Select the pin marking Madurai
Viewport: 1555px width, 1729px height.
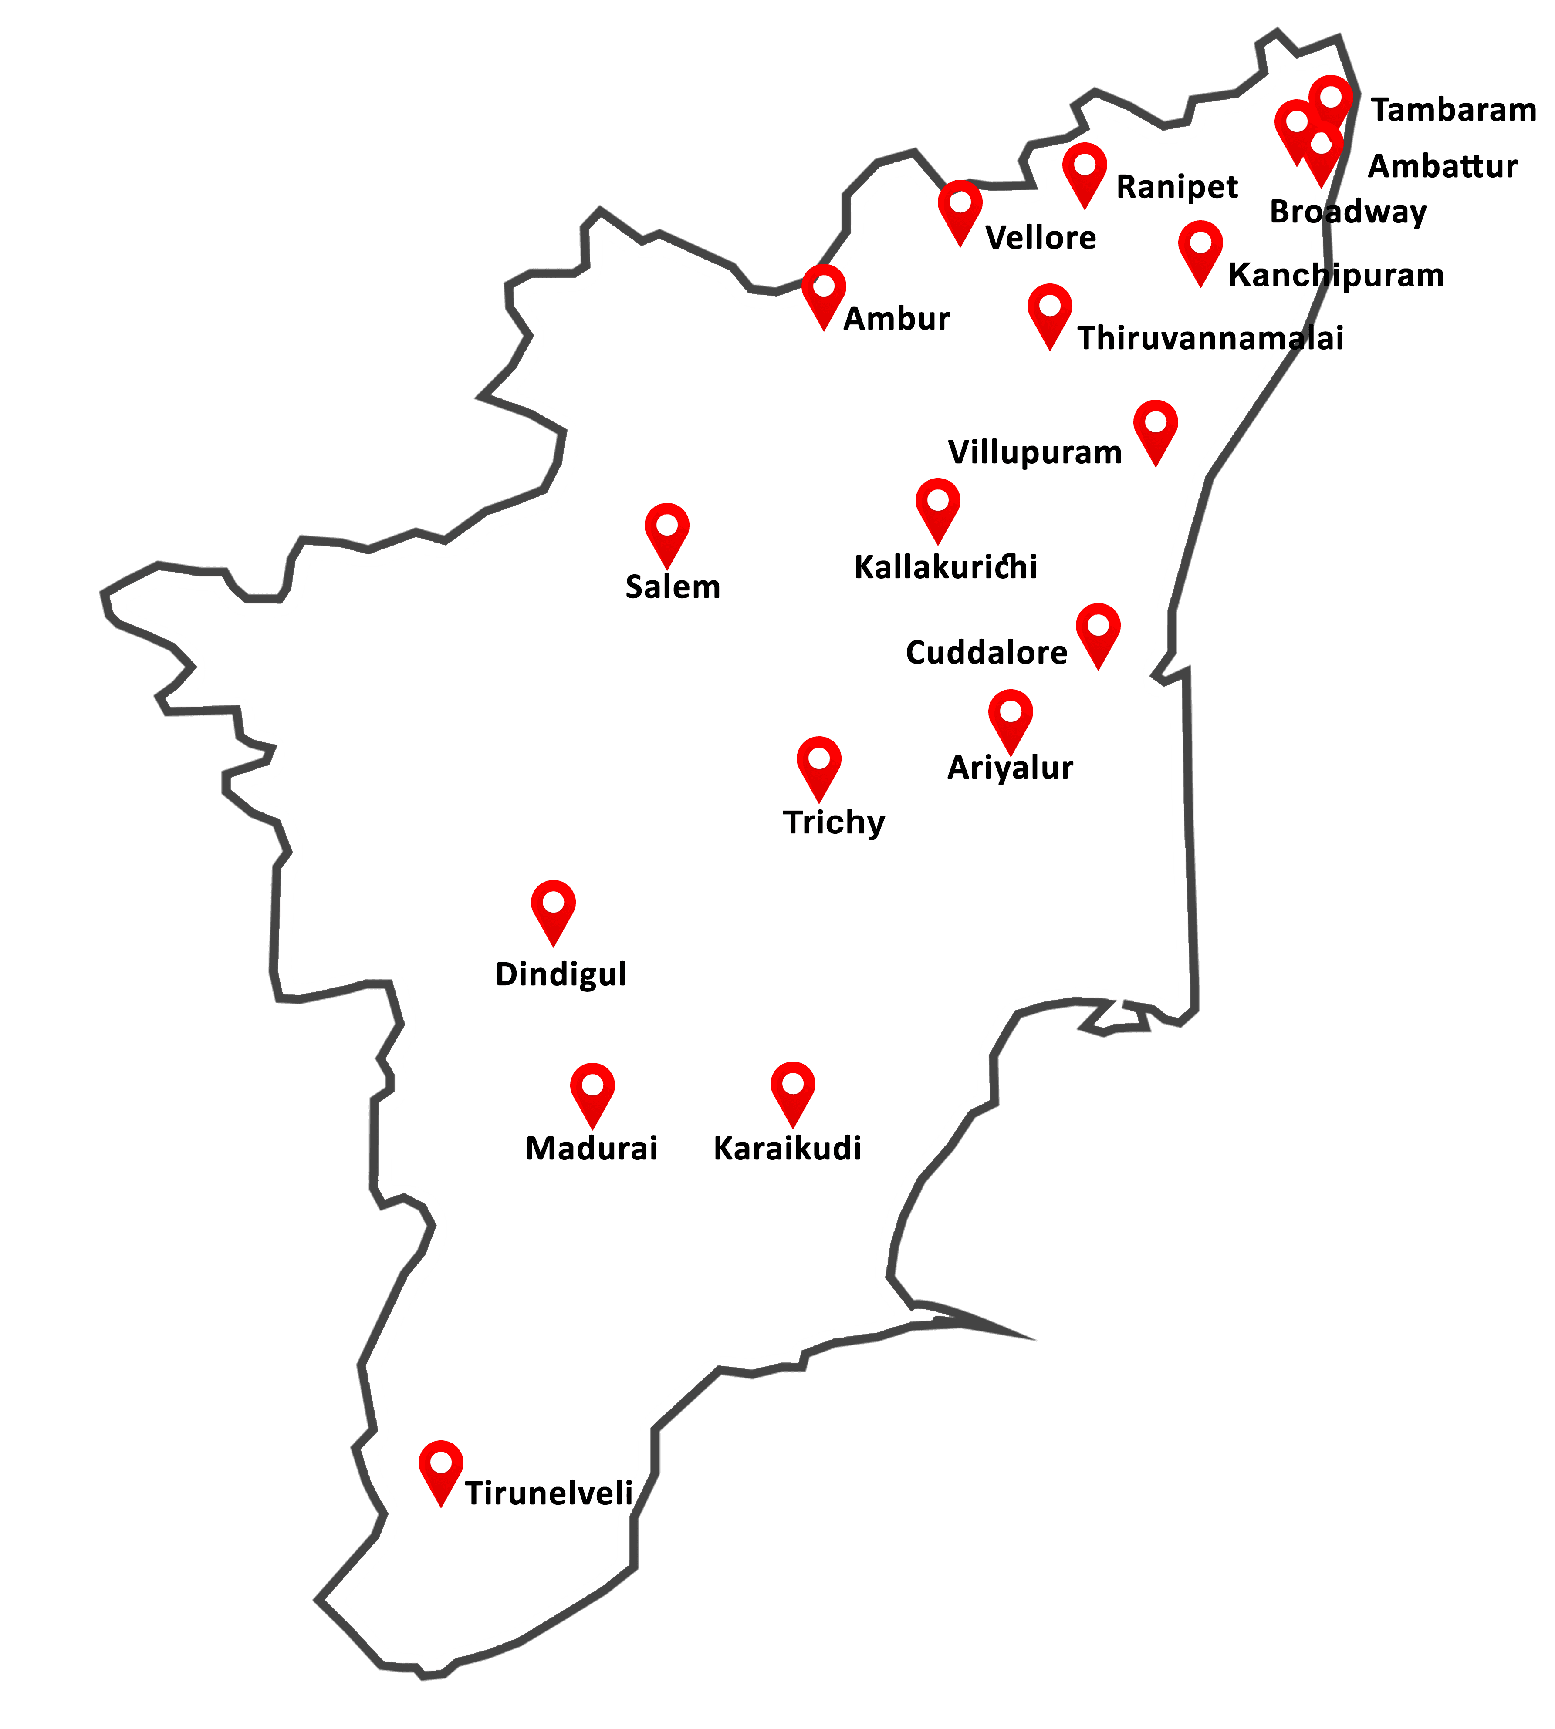(592, 1089)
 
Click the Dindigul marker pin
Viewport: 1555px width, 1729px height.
(553, 906)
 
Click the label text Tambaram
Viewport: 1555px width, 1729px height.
(1454, 110)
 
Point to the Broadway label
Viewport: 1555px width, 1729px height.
(1347, 212)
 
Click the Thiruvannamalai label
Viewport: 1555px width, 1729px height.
(1210, 338)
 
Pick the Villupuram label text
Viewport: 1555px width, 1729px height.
(1034, 452)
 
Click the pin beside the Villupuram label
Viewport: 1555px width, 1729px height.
(1155, 425)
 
